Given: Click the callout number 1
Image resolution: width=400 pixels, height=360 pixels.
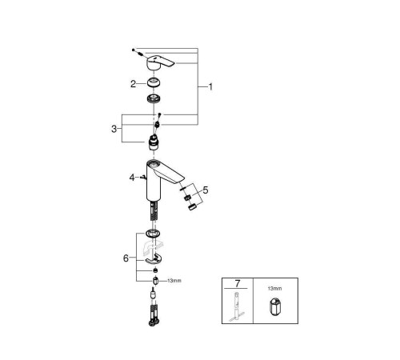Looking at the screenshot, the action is coord(210,87).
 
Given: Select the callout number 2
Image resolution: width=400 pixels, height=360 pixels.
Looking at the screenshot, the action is coord(133,84).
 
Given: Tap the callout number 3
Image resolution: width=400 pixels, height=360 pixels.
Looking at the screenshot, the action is coord(114,129).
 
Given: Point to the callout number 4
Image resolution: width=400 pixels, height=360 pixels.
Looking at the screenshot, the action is coord(132,178).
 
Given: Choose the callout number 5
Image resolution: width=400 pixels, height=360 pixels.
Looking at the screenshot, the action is coord(206,190).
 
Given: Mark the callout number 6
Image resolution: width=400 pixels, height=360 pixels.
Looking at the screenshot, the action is coord(126,258).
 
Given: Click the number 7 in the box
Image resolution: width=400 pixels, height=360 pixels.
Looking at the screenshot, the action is coord(238,283).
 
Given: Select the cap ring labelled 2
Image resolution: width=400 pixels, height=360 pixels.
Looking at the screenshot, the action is coord(154,82).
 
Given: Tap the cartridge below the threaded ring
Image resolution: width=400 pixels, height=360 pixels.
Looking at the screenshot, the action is coord(154,142).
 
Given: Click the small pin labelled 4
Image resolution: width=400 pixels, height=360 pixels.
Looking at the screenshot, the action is coord(143,177).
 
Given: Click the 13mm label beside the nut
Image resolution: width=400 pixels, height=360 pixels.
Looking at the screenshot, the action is coord(174,281).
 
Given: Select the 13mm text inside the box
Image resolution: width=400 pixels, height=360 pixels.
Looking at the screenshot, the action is coord(274,288).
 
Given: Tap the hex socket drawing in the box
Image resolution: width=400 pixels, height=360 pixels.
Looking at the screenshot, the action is coord(275,306).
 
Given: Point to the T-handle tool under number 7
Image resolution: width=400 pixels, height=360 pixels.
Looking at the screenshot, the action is coord(237,306).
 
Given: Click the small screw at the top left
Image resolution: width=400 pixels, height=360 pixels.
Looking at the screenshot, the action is coord(133,50).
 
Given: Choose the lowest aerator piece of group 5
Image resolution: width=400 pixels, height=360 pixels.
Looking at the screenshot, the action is coord(192,206).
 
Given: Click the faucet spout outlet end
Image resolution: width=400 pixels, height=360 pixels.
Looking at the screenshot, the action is coord(181,180).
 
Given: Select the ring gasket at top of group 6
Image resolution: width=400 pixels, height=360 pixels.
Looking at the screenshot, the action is coord(153,234).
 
